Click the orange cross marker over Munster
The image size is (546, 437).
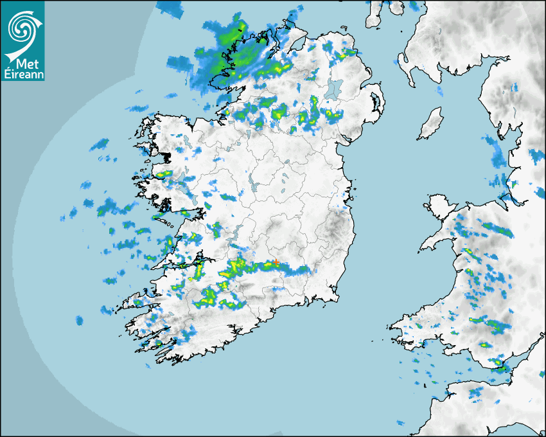tap(276, 262)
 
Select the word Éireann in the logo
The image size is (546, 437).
tap(22, 75)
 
